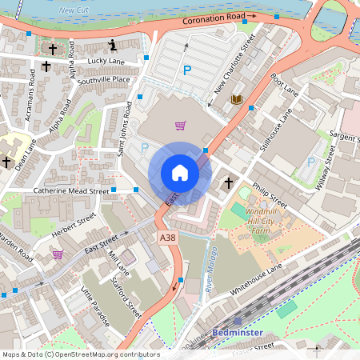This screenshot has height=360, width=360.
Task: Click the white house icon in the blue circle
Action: pyautogui.click(x=179, y=173)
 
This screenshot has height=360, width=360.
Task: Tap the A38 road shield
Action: pyautogui.click(x=167, y=238)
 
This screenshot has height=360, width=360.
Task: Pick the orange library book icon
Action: pyautogui.click(x=236, y=99)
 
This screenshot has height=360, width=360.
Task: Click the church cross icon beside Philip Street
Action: pyautogui.click(x=228, y=183)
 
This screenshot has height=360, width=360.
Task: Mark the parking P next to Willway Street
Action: pyautogui.click(x=311, y=162)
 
